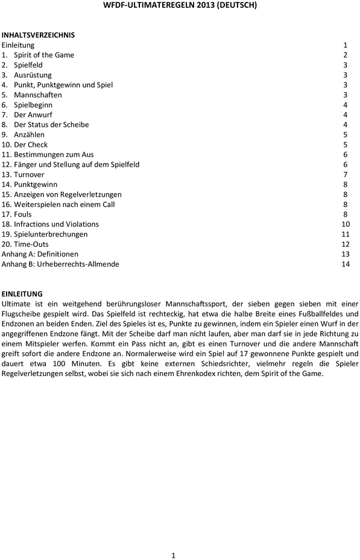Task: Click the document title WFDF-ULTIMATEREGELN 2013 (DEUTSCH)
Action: click(x=180, y=5)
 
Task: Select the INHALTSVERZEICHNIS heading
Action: click(x=38, y=35)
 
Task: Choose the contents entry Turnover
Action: click(x=29, y=174)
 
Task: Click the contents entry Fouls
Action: click(x=23, y=214)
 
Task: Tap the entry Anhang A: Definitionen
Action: click(x=40, y=254)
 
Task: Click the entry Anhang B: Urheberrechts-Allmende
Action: click(x=60, y=264)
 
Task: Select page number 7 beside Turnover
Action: click(x=346, y=174)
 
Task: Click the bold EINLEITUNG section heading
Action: click(x=22, y=294)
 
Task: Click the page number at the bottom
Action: click(x=173, y=555)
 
